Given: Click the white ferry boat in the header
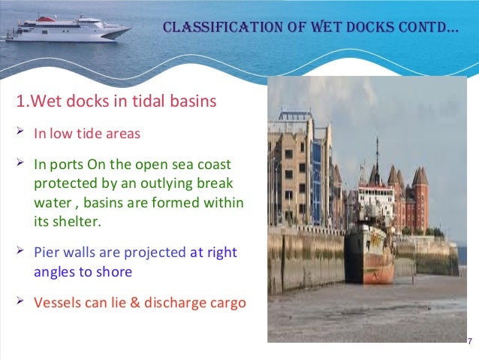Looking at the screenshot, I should click(x=67, y=26).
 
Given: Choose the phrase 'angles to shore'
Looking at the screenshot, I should click(x=83, y=272).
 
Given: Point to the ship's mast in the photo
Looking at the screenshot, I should click(x=377, y=162).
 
